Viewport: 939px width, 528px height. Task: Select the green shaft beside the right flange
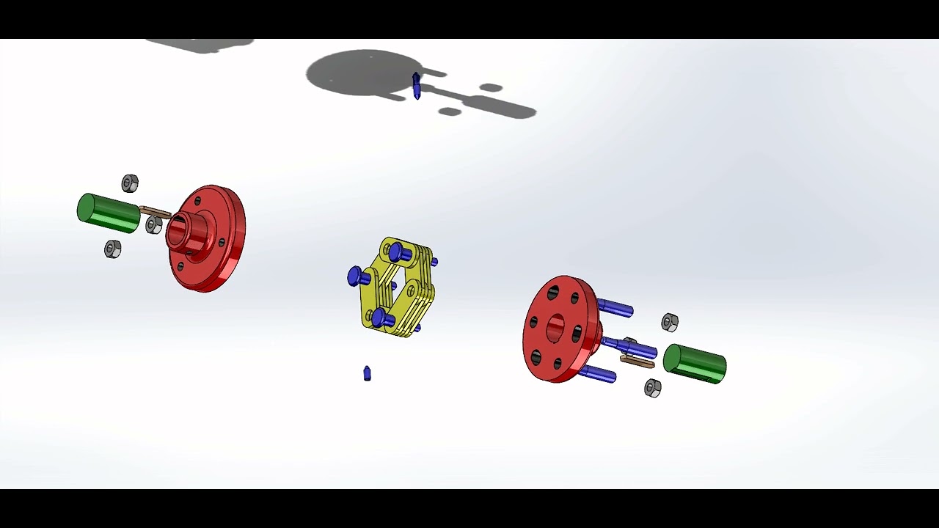pos(695,364)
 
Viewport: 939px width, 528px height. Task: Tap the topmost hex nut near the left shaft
pos(130,183)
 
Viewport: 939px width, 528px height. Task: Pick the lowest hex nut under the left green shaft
pos(112,249)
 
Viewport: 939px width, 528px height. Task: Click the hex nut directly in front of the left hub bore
pos(153,225)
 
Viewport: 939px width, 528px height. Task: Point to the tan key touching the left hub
pos(155,213)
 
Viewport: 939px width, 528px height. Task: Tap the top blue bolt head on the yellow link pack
pos(398,253)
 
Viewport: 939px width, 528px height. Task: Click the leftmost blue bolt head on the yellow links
pos(357,277)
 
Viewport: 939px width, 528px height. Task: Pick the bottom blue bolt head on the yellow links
pos(379,318)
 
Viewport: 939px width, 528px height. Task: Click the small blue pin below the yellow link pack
pos(367,374)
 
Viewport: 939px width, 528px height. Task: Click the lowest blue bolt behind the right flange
pos(597,374)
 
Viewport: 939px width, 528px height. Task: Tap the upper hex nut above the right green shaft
pos(670,322)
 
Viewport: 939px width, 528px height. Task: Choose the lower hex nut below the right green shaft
pos(652,388)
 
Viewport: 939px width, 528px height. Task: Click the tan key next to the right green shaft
pos(637,361)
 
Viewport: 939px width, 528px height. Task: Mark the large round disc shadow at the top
pos(363,73)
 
